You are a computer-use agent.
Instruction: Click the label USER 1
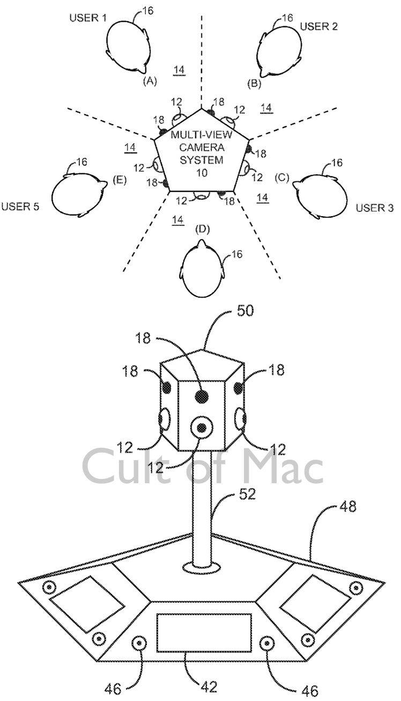88,18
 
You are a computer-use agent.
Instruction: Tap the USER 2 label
319,27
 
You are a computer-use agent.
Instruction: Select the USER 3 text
375,208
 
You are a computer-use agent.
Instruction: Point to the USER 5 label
20,206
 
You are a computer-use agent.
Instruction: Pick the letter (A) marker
150,81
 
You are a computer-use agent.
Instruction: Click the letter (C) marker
282,178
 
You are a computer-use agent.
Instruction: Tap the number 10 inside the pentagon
202,173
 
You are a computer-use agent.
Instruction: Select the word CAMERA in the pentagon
202,147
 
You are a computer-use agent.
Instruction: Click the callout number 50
245,311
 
